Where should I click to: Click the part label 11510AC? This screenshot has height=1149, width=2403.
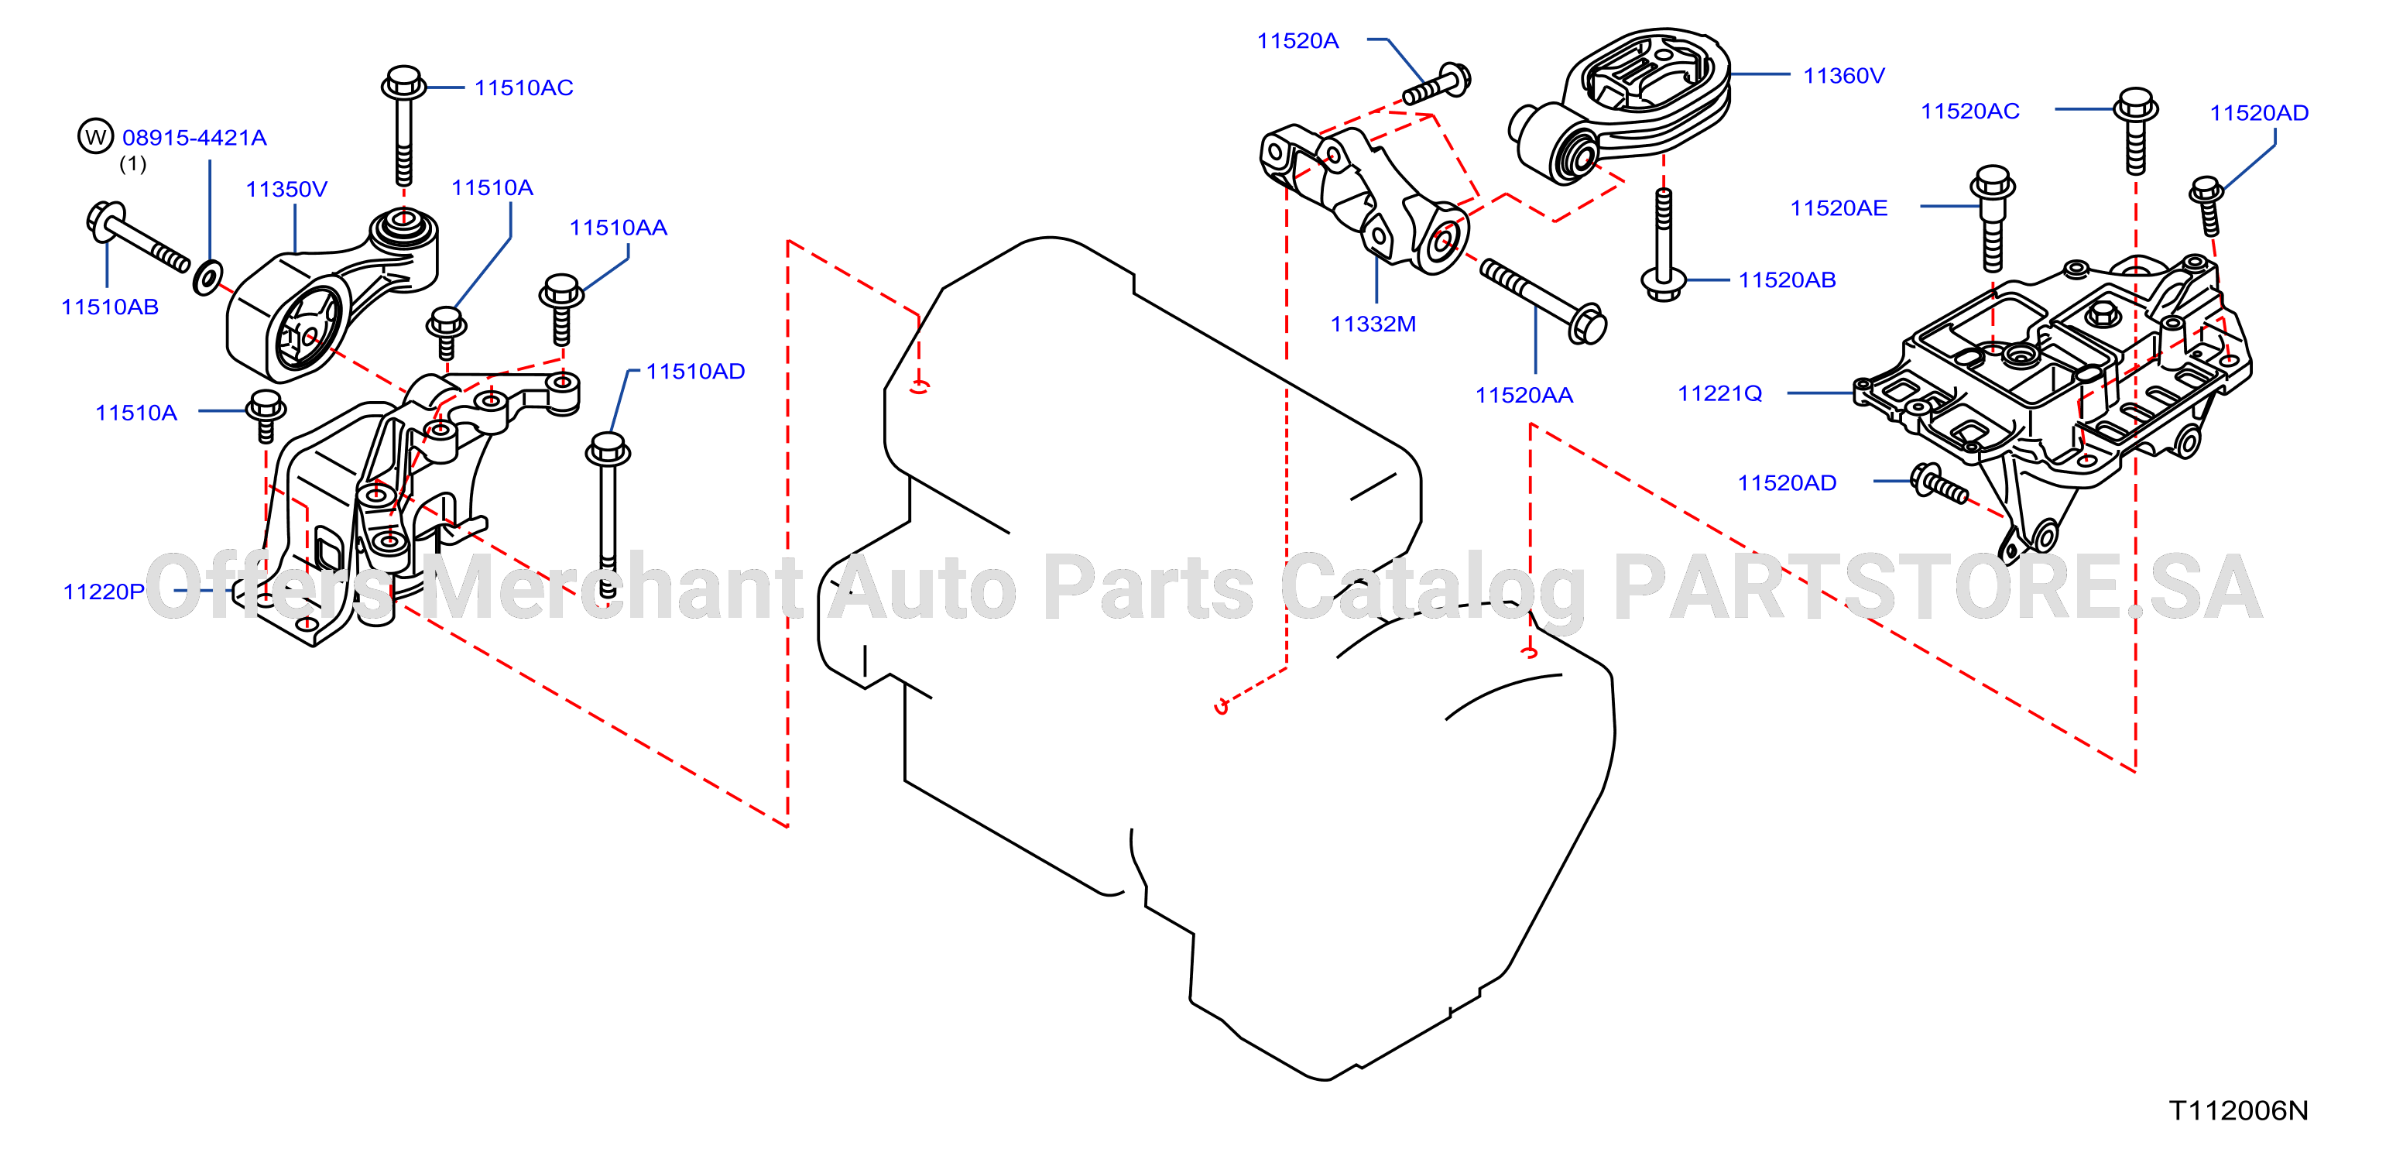[523, 87]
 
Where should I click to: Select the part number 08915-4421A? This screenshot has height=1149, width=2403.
[194, 138]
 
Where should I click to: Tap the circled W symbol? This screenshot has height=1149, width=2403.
[95, 136]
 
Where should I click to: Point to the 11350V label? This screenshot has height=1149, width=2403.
[286, 190]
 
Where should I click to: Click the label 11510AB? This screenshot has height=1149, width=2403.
[109, 307]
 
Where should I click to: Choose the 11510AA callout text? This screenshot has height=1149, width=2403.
[619, 228]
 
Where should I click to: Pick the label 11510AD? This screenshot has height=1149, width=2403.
[695, 371]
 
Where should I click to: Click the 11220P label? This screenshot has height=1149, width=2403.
[104, 592]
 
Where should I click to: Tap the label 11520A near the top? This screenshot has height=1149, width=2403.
[1297, 41]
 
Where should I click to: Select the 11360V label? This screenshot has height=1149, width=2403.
[1843, 76]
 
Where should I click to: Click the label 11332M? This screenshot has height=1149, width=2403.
[1373, 324]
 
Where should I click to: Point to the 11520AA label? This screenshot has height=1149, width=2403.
[1524, 396]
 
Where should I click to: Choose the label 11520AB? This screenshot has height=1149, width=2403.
[1787, 280]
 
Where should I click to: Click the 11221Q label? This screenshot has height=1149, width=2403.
[1720, 393]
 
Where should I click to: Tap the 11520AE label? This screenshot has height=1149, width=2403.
[1839, 208]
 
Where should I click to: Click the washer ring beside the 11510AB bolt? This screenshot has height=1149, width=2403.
[207, 277]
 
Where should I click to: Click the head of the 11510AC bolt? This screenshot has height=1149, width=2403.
[404, 82]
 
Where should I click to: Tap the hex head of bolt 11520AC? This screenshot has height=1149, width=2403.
[2135, 105]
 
